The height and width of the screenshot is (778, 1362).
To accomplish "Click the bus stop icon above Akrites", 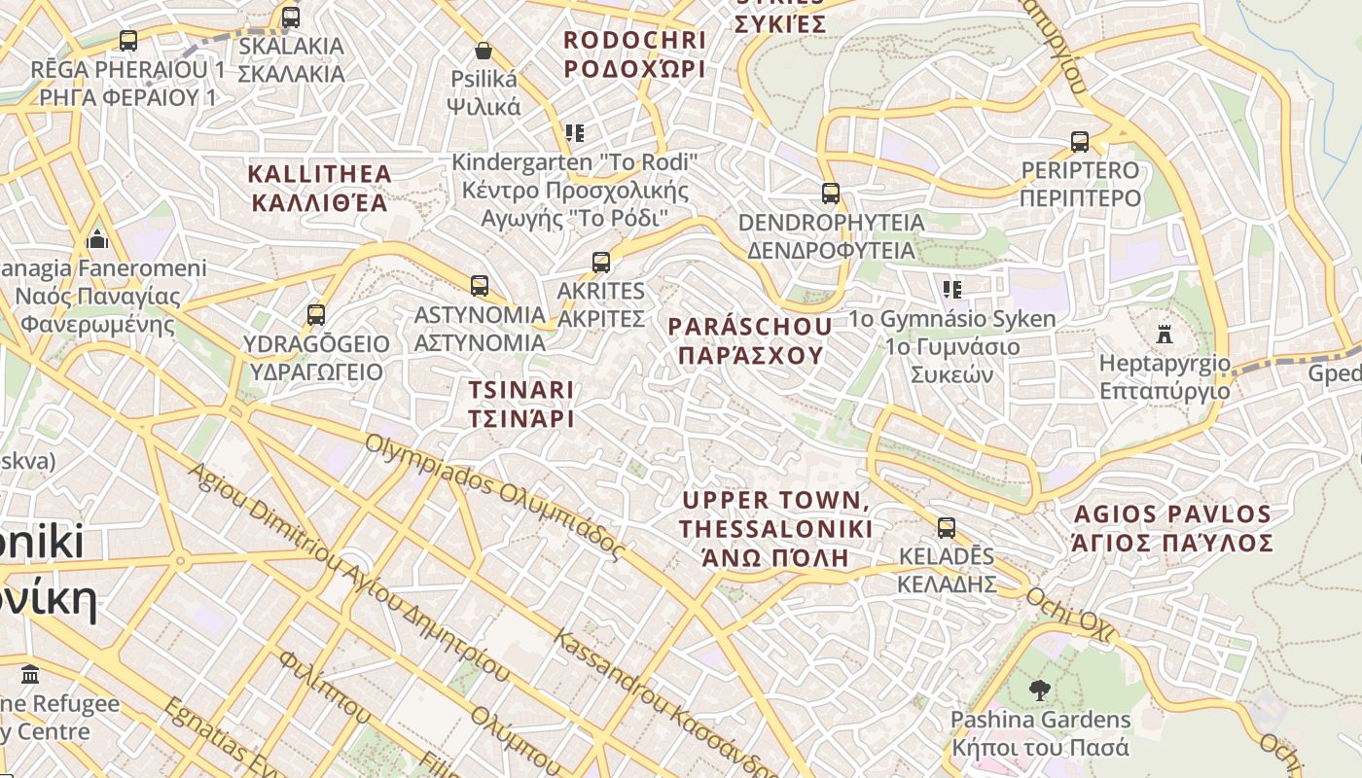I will (601, 263).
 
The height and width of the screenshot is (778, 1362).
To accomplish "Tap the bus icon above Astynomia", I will (479, 286).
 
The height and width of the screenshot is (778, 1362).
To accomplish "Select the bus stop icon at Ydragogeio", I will (315, 315).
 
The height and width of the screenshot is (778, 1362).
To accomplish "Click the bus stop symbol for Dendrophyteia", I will (830, 194).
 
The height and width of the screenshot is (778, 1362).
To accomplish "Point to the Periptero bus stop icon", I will (1079, 142).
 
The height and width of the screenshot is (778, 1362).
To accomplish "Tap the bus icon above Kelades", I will (946, 528).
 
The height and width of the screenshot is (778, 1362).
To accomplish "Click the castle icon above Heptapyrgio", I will (1164, 335).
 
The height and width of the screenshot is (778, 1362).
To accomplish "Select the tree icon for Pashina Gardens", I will (1039, 691).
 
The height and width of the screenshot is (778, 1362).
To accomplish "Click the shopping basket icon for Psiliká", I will (484, 51).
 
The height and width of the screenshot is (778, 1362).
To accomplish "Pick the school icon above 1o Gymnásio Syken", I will (951, 290).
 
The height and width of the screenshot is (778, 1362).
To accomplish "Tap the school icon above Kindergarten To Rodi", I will (575, 133).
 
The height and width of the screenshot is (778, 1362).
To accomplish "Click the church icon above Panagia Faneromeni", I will (97, 239).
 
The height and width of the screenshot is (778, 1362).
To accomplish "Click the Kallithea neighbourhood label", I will (319, 189).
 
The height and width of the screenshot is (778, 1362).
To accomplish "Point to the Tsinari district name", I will (520, 404).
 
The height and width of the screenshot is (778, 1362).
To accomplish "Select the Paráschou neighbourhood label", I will (750, 340).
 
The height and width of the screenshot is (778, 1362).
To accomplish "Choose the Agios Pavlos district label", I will (1171, 528).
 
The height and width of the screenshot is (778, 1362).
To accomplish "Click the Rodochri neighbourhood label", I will (634, 54).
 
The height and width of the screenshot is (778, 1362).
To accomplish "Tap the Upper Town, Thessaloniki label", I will (775, 529).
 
